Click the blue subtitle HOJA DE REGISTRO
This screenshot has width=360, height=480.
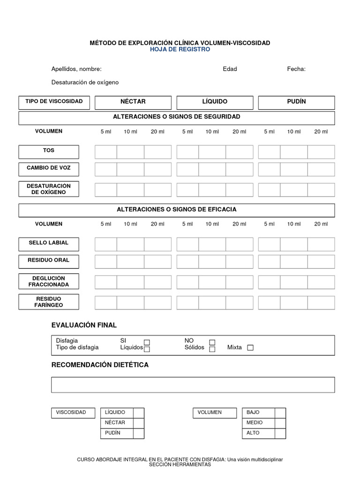(x=180, y=49)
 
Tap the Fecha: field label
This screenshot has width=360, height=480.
(x=296, y=69)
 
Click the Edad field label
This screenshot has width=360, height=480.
(x=230, y=69)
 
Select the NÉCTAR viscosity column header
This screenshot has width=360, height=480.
(x=133, y=102)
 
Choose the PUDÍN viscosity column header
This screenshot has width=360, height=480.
(x=296, y=102)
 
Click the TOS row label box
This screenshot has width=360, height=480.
(x=49, y=151)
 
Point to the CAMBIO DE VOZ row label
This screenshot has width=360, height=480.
(x=49, y=168)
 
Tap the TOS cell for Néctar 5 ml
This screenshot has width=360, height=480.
(x=106, y=152)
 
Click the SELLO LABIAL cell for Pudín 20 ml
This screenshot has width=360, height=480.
(x=321, y=244)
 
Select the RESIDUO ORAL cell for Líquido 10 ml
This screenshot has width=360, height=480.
(x=212, y=262)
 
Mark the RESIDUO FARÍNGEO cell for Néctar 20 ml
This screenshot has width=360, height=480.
(x=157, y=303)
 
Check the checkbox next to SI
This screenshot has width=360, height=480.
(x=147, y=342)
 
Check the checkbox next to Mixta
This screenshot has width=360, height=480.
(x=250, y=348)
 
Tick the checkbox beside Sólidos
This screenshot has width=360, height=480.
(x=212, y=349)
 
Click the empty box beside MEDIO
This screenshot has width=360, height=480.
(x=280, y=423)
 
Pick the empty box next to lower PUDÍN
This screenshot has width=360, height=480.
(x=138, y=433)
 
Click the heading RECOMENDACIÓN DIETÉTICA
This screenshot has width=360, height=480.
(x=100, y=365)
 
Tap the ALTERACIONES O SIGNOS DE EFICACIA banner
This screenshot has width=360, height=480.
(x=177, y=210)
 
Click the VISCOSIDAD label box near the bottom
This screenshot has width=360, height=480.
(x=71, y=412)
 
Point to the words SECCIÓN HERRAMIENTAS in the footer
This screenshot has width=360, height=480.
(x=180, y=465)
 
